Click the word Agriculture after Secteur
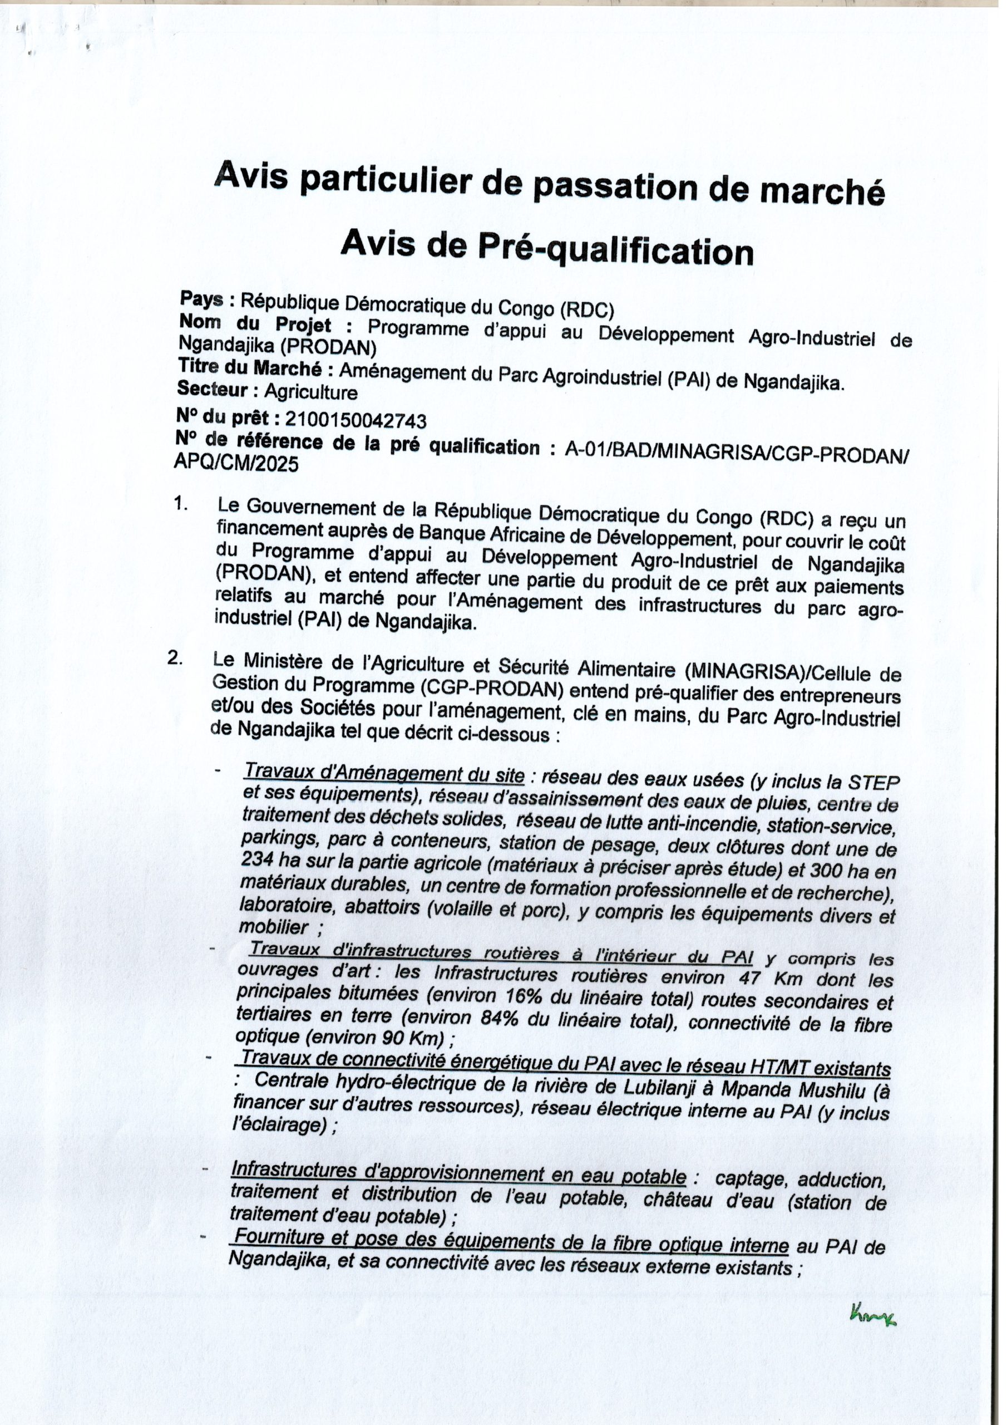point(311,392)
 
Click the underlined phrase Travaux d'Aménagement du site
point(384,774)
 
